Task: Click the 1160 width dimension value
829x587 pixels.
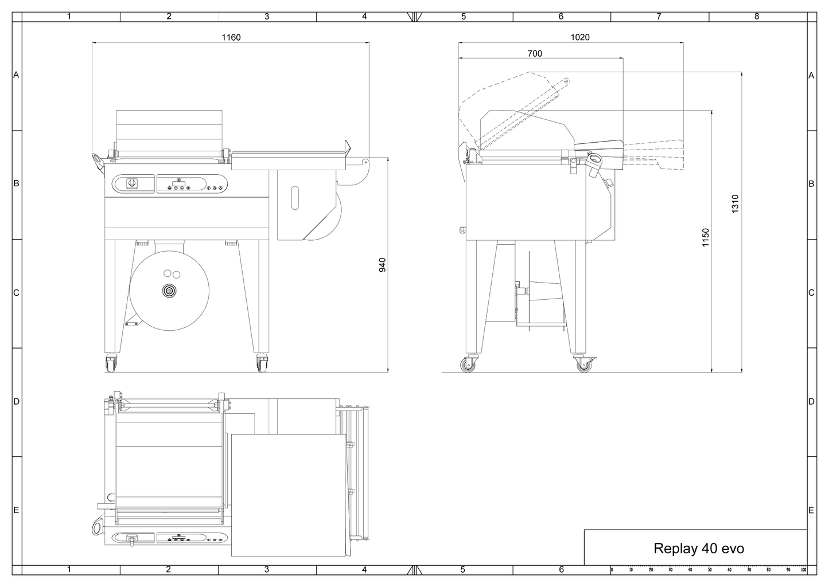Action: (x=231, y=37)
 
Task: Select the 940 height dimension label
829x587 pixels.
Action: (x=383, y=264)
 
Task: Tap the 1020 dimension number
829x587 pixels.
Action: (x=580, y=37)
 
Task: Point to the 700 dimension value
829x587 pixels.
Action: (x=534, y=54)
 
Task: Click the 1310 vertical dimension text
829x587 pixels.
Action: (x=735, y=204)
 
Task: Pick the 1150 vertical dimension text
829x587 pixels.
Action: (x=706, y=238)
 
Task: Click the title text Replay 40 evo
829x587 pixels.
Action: (x=699, y=549)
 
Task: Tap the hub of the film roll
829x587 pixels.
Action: (x=169, y=292)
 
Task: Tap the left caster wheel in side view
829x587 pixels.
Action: (x=470, y=365)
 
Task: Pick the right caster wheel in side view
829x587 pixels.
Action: (x=583, y=365)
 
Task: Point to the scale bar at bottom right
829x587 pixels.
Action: (x=709, y=570)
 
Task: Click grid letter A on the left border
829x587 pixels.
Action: (x=17, y=75)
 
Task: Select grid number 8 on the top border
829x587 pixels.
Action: (x=757, y=17)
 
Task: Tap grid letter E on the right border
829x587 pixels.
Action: (x=811, y=510)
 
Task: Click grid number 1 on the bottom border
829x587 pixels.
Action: (x=69, y=570)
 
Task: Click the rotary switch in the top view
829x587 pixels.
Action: (x=132, y=539)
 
